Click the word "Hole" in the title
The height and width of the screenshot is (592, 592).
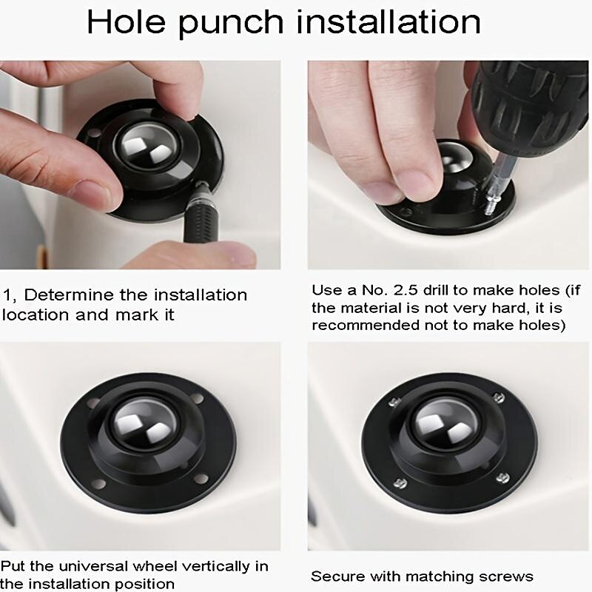click(126, 22)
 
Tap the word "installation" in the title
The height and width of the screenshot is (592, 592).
click(388, 22)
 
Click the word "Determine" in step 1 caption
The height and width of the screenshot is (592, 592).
click(69, 295)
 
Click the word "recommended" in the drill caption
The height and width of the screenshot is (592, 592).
click(365, 325)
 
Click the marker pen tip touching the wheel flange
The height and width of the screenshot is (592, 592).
click(201, 185)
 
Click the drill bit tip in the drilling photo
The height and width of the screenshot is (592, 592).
click(489, 211)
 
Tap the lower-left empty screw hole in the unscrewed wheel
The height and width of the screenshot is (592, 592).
click(98, 484)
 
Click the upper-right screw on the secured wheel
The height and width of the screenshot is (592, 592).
click(499, 397)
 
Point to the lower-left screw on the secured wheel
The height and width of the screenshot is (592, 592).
click(400, 482)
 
